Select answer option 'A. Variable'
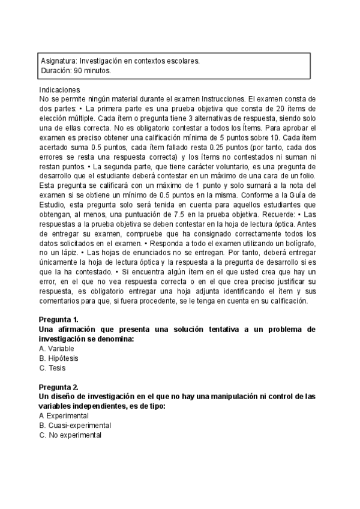click(56, 349)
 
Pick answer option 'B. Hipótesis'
click(59, 358)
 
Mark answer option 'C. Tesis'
click(52, 368)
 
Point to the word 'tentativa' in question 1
click(209, 330)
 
